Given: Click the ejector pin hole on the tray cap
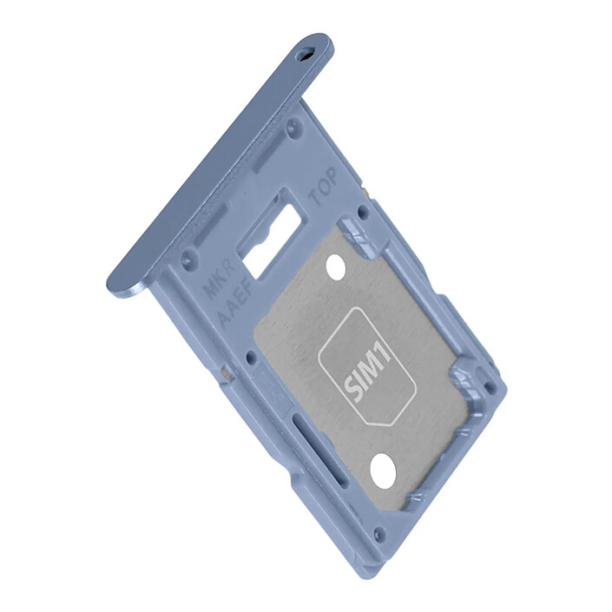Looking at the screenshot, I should pyautogui.click(x=304, y=54).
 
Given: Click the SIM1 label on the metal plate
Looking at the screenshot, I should pyautogui.click(x=368, y=373).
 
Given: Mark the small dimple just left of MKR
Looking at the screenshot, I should pyautogui.click(x=187, y=257).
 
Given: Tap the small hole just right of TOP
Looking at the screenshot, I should pyautogui.click(x=362, y=209).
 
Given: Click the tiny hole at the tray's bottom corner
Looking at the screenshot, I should pyautogui.click(x=377, y=534).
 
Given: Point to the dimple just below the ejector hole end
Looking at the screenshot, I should pyautogui.click(x=291, y=124).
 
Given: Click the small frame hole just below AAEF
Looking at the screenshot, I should pyautogui.click(x=251, y=356).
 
